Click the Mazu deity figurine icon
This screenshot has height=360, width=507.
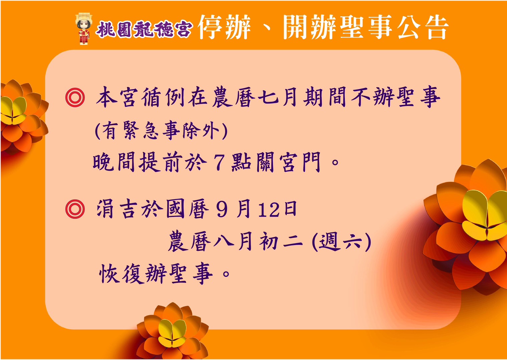coord(84,29)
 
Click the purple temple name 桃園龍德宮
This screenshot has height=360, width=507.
coord(144,29)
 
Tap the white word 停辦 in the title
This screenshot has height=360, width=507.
coord(224,27)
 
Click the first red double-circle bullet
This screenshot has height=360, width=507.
coord(75,98)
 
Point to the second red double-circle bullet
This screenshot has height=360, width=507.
coord(75,209)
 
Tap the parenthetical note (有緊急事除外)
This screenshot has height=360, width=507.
coord(162,131)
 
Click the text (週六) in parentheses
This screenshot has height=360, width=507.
coord(342,241)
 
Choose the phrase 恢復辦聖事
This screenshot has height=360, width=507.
coord(156,274)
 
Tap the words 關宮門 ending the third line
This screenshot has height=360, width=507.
coord(289,162)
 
